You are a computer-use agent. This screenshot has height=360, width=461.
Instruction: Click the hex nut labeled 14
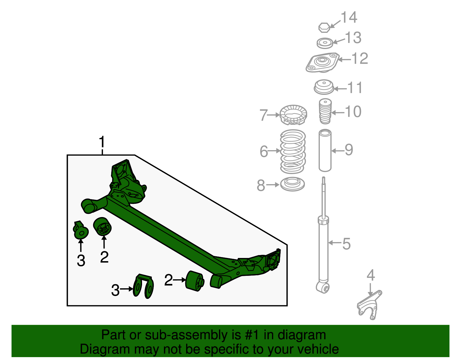pyautogui.click(x=324, y=27)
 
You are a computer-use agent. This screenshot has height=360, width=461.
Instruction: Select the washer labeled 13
pyautogui.click(x=325, y=43)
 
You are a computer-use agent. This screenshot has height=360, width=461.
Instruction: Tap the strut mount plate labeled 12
pyautogui.click(x=322, y=63)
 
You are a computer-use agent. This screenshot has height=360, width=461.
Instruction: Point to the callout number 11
pyautogui.click(x=355, y=88)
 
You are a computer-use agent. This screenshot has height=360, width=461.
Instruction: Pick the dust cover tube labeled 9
pyautogui.click(x=325, y=150)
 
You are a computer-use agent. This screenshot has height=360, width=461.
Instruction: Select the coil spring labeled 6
pyautogui.click(x=293, y=151)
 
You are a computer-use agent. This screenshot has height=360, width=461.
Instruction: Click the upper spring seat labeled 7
pyautogui.click(x=293, y=115)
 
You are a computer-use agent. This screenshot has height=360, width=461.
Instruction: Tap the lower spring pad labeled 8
pyautogui.click(x=292, y=184)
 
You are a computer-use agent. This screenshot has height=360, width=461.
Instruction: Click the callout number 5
pyautogui.click(x=346, y=244)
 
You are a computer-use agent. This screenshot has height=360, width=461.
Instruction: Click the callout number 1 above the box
pyautogui.click(x=102, y=143)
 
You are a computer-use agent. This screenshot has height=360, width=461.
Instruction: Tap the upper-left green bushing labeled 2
pyautogui.click(x=103, y=227)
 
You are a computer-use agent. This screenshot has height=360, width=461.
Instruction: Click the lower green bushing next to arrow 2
pyautogui.click(x=194, y=281)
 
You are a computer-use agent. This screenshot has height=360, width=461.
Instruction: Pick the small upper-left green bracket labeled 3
pyautogui.click(x=80, y=231)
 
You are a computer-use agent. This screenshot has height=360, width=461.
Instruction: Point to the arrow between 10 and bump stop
pyautogui.click(x=337, y=112)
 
